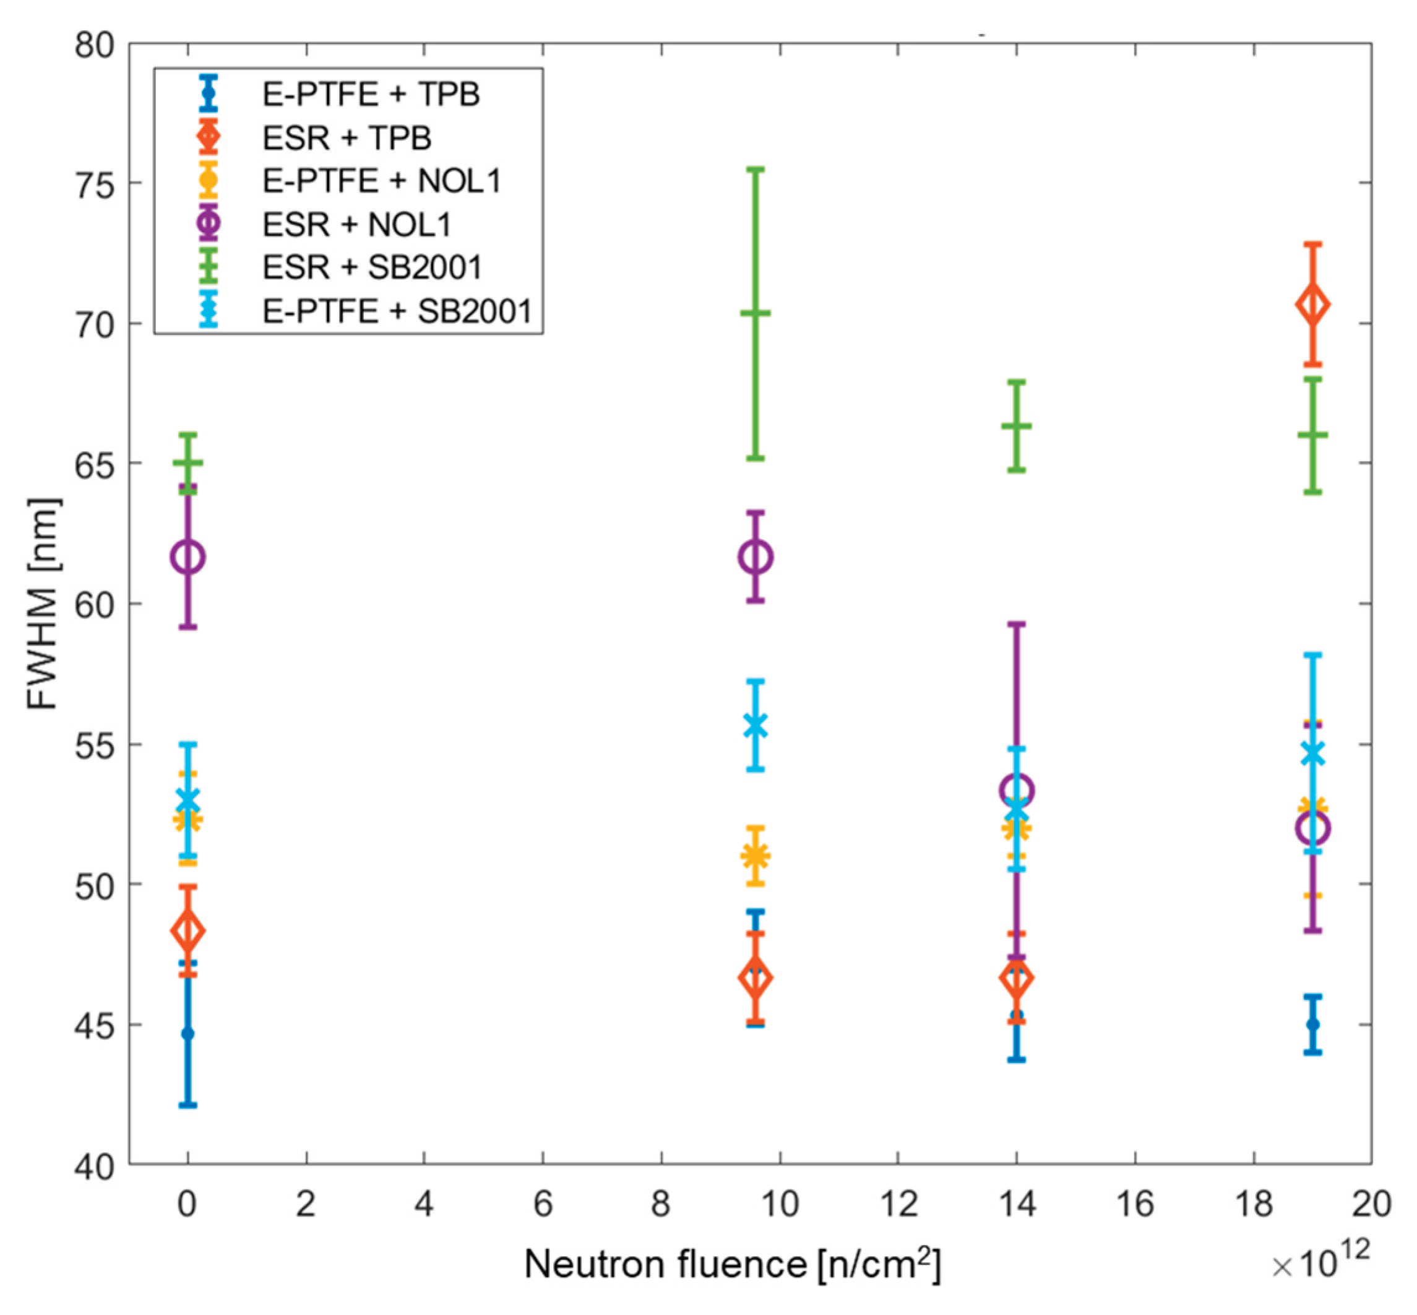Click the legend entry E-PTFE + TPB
pyautogui.click(x=371, y=95)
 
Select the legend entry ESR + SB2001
pyautogui.click(x=372, y=267)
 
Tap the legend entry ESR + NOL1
pyautogui.click(x=356, y=225)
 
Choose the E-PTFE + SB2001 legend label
pyautogui.click(x=397, y=311)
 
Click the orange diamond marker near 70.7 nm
pyautogui.click(x=1312, y=305)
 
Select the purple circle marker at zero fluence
pyautogui.click(x=187, y=557)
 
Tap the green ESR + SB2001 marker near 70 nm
pyautogui.click(x=756, y=313)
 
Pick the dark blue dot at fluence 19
pyautogui.click(x=1313, y=1025)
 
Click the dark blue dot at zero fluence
pyautogui.click(x=187, y=1033)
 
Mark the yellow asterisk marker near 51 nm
pyautogui.click(x=756, y=856)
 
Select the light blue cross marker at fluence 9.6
pyautogui.click(x=756, y=726)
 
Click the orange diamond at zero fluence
pyautogui.click(x=187, y=930)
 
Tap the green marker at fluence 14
pyautogui.click(x=1017, y=426)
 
